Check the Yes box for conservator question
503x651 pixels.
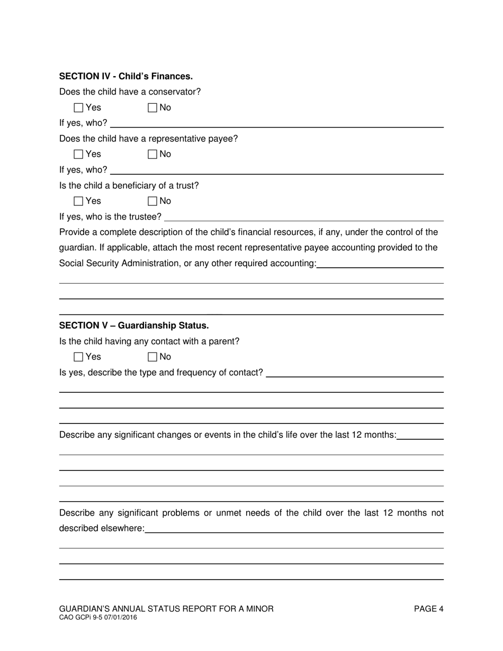79,108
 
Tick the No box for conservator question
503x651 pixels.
152,108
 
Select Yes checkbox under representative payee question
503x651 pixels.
79,155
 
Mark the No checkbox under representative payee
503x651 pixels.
152,155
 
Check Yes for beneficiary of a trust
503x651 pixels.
79,201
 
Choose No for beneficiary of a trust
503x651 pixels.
152,201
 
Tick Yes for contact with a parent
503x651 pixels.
79,357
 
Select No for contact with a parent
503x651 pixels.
152,357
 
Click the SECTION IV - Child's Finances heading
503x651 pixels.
126,76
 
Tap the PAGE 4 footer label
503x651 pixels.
428,609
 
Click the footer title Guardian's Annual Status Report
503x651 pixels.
166,609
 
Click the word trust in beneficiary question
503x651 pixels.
187,186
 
